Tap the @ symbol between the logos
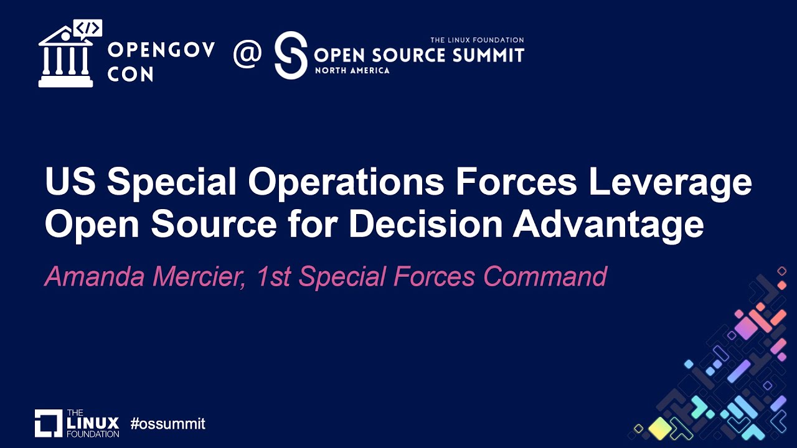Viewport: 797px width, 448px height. point(247,55)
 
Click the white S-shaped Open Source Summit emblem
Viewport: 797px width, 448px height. point(291,55)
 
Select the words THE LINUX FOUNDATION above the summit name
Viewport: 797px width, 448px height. point(477,40)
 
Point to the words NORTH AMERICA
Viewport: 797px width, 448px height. point(352,70)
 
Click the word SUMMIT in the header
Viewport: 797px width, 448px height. point(486,55)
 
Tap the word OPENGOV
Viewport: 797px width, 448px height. point(161,50)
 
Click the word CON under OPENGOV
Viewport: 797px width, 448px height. point(130,74)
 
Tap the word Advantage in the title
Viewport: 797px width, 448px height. point(608,225)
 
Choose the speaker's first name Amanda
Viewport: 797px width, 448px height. point(93,276)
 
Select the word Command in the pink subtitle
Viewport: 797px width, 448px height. point(545,276)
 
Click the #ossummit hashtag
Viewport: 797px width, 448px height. point(167,424)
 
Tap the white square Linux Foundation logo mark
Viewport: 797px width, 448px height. point(49,423)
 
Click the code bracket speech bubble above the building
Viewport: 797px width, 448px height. point(88,28)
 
